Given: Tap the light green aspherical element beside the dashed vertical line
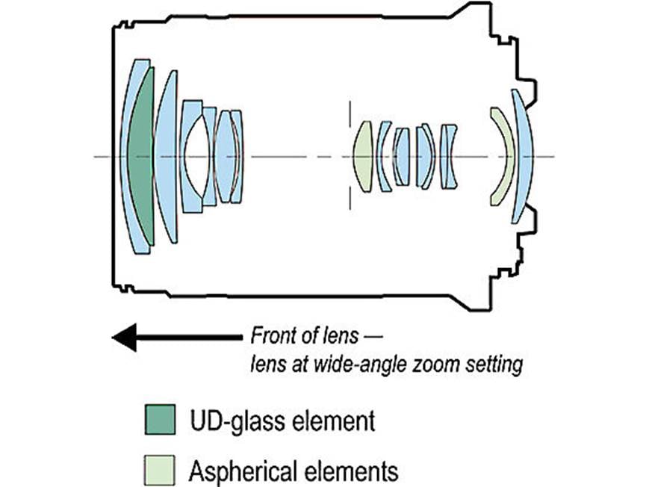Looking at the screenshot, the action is [x=364, y=157].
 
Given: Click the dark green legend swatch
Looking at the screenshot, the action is [x=160, y=420].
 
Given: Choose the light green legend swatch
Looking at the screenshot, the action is [x=159, y=471].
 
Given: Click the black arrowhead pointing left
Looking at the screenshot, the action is [x=124, y=338].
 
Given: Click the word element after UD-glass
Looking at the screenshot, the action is [x=334, y=421].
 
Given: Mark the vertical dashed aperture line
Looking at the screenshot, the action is [x=350, y=155].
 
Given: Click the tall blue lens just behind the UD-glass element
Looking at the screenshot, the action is [x=167, y=157].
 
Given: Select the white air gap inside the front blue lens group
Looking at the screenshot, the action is [x=196, y=157].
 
